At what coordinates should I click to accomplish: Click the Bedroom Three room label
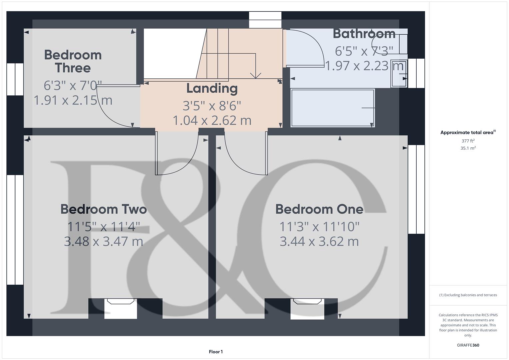[73, 61]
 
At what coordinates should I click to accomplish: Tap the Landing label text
[212, 88]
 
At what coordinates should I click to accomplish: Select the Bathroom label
[364, 34]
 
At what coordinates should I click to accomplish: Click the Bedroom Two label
[104, 209]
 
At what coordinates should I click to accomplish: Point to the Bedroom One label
[319, 209]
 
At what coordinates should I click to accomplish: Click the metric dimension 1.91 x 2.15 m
[73, 100]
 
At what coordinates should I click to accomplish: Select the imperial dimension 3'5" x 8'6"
[212, 106]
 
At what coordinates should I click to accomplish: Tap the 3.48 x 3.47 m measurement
[104, 241]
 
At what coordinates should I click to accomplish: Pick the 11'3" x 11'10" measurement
[319, 227]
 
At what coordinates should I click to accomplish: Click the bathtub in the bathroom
[333, 108]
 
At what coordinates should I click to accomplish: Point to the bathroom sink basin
[399, 73]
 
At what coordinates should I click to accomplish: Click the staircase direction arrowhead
[256, 76]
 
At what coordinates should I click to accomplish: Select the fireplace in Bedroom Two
[121, 308]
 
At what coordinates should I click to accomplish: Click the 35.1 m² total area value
[468, 148]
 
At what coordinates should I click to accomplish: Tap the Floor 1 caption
[216, 352]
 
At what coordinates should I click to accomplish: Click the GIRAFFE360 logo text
[468, 345]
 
